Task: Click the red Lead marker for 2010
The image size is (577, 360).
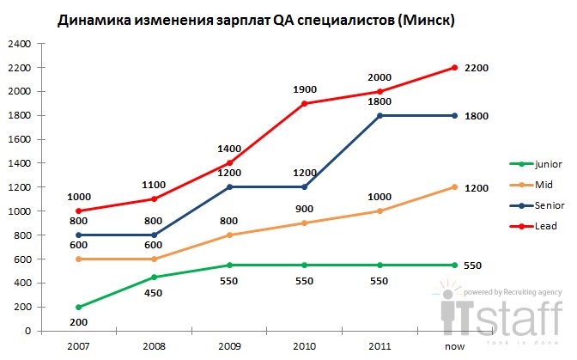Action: pos(305,103)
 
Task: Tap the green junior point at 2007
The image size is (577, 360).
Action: pos(78,307)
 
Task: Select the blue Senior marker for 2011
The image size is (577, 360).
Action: pos(380,115)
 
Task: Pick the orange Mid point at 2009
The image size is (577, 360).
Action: pos(229,235)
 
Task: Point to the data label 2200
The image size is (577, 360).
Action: pos(477,67)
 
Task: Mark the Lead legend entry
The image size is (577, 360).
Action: pos(542,226)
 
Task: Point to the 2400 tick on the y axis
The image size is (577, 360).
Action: pos(20,43)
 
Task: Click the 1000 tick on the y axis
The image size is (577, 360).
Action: pos(20,211)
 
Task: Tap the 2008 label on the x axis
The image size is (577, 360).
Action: pos(154,345)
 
